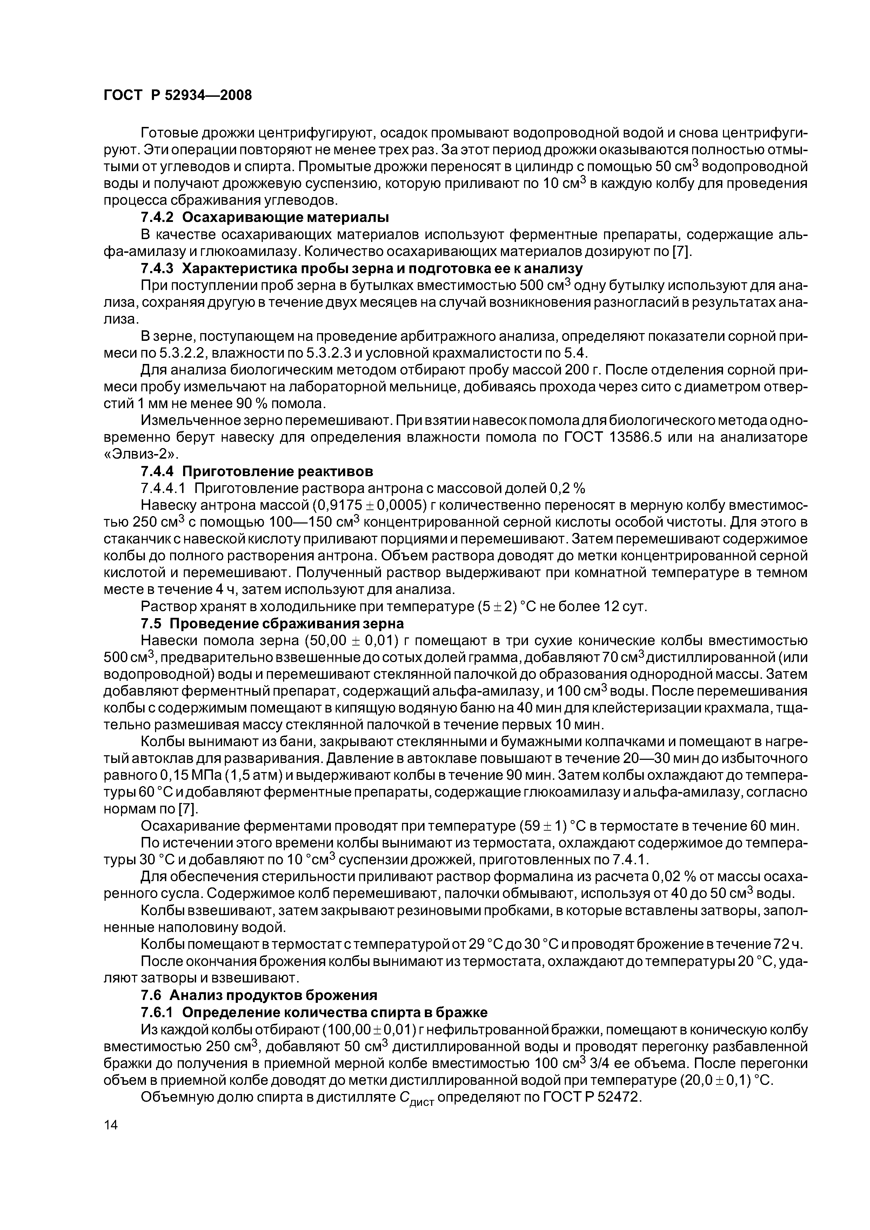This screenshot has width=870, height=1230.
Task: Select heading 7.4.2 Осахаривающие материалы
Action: click(264, 217)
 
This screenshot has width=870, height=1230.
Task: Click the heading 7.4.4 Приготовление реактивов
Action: click(256, 472)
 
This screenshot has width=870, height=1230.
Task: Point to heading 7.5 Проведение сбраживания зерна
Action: click(272, 623)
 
